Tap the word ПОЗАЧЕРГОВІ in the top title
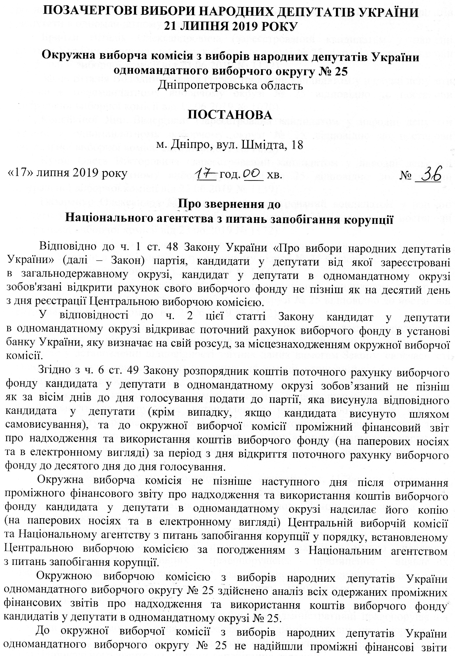(87, 13)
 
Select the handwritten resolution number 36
(431, 173)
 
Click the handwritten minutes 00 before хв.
(252, 173)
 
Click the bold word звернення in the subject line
(225, 204)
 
